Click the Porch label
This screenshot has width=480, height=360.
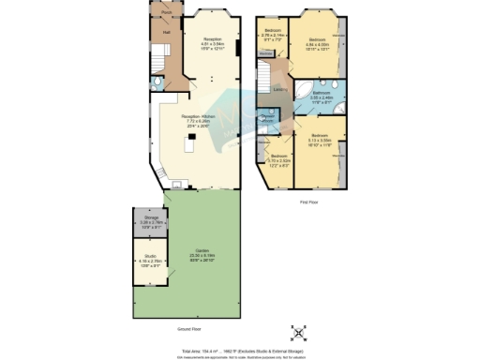pos(166,13)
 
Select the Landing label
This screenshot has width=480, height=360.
pos(278,89)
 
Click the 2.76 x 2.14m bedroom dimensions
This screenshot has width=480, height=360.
pos(274,36)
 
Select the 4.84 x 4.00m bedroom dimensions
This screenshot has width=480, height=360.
pos(320,44)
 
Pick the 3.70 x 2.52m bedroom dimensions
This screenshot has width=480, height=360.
pos(277,160)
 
